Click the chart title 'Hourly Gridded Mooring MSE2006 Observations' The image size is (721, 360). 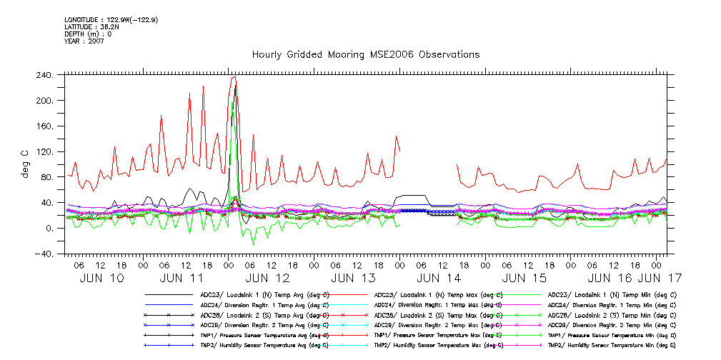coord(365,55)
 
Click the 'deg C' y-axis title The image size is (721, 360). coord(25,164)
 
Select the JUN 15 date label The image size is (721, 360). coord(524,277)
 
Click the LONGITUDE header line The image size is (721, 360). coord(111,20)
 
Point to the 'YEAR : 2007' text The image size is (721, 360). coord(84,41)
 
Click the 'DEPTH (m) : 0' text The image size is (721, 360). coord(88,34)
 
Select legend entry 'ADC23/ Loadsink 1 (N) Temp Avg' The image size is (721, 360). coord(264,294)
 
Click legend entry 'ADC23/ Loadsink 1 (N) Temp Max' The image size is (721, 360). coord(438,294)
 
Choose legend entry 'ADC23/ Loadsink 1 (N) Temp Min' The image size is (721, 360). coord(612,294)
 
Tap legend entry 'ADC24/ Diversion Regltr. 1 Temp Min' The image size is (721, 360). coord(612,304)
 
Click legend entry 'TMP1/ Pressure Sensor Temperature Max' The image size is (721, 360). coord(438,334)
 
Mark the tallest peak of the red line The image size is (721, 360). coord(234,77)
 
